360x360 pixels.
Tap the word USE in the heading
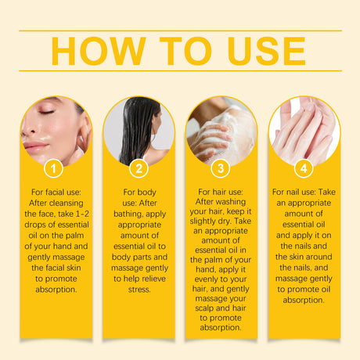coord(257,51)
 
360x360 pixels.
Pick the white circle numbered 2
coord(139,167)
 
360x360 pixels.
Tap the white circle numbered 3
coord(221,167)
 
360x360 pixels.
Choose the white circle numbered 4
coord(305,167)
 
